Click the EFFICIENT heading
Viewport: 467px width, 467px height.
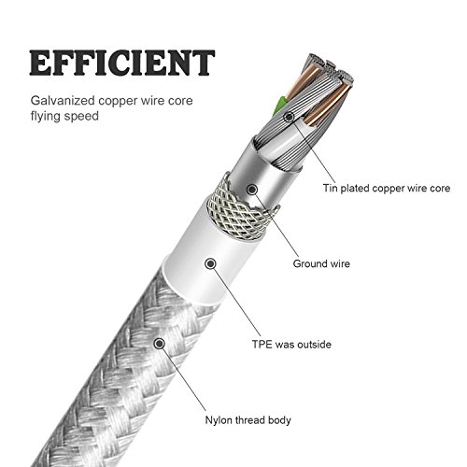(122, 63)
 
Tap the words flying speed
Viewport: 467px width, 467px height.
(64, 117)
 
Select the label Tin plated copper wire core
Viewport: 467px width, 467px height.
(387, 189)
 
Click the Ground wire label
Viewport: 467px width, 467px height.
(321, 263)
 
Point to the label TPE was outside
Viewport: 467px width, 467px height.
(291, 345)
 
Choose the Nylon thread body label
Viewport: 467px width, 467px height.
(248, 420)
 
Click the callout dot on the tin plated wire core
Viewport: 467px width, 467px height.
(290, 117)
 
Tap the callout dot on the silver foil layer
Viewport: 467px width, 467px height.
(252, 189)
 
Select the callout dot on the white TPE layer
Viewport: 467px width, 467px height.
(211, 263)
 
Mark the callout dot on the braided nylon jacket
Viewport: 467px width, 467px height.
(160, 344)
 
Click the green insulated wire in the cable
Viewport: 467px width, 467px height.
(278, 106)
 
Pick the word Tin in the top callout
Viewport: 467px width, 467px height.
(330, 189)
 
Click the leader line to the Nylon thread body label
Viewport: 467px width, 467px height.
(184, 379)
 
